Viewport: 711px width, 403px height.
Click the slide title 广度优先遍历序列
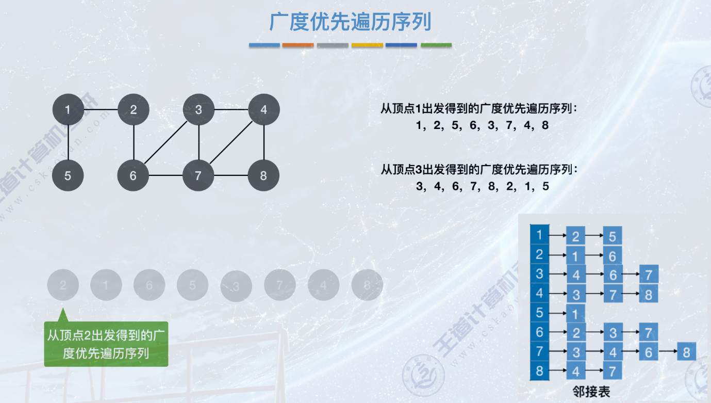click(x=350, y=22)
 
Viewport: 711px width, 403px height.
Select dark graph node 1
click(x=68, y=109)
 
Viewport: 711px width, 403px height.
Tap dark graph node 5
click(x=68, y=175)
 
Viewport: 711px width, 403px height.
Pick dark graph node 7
click(x=198, y=175)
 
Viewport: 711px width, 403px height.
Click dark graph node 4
click(x=264, y=109)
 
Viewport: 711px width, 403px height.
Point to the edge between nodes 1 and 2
click(x=101, y=109)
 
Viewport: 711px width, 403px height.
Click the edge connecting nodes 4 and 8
click(x=264, y=142)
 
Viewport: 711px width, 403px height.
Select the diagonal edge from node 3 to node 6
click(x=167, y=142)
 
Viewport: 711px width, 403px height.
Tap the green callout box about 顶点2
click(x=106, y=344)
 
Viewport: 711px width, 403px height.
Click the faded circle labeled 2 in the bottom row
click(x=63, y=285)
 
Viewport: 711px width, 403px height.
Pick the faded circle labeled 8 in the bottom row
click(x=367, y=285)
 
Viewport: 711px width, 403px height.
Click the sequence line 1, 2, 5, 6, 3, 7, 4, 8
click(x=482, y=125)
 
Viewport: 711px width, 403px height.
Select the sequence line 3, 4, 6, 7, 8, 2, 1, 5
click(x=482, y=186)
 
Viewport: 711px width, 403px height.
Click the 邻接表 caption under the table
click(x=591, y=391)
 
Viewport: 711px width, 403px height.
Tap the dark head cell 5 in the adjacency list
click(x=540, y=313)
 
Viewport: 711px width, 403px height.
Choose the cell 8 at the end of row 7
click(x=686, y=352)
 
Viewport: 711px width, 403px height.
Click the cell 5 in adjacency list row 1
click(x=613, y=236)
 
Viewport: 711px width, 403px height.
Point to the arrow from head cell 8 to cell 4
click(x=557, y=372)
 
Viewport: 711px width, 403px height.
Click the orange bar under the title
click(x=298, y=45)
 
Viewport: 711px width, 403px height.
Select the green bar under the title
click(x=436, y=45)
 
